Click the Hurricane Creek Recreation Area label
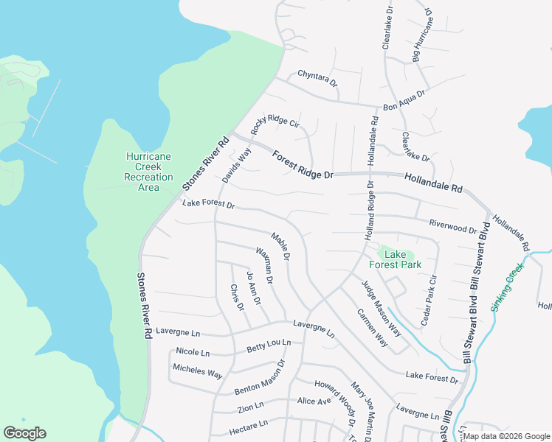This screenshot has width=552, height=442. (148, 172)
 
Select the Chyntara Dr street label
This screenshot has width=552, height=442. (317, 77)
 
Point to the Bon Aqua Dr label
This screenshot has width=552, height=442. (404, 101)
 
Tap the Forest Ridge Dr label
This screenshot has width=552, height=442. (303, 164)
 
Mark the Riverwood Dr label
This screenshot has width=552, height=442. (452, 225)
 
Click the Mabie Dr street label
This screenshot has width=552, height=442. (280, 246)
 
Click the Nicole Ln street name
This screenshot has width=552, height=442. (193, 352)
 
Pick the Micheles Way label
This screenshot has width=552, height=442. (197, 371)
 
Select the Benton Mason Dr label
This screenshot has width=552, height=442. (260, 376)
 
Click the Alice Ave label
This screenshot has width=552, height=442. (314, 401)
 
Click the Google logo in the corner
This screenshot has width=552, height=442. (24, 433)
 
